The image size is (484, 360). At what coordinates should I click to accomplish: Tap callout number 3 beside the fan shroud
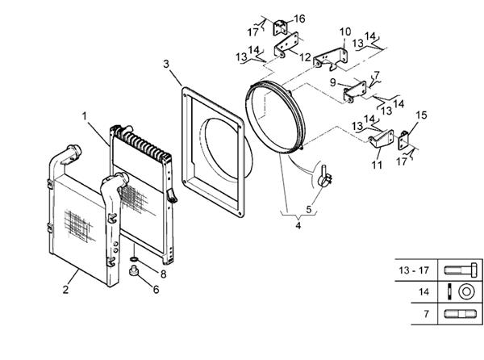pyautogui.click(x=165, y=63)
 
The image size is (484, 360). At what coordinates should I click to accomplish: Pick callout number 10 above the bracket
pyautogui.click(x=345, y=32)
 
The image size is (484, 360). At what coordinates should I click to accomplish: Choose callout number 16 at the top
pyautogui.click(x=277, y=18)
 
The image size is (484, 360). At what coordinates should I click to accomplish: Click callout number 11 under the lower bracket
pyautogui.click(x=376, y=165)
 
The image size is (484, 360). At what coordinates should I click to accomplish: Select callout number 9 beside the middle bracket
pyautogui.click(x=333, y=82)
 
